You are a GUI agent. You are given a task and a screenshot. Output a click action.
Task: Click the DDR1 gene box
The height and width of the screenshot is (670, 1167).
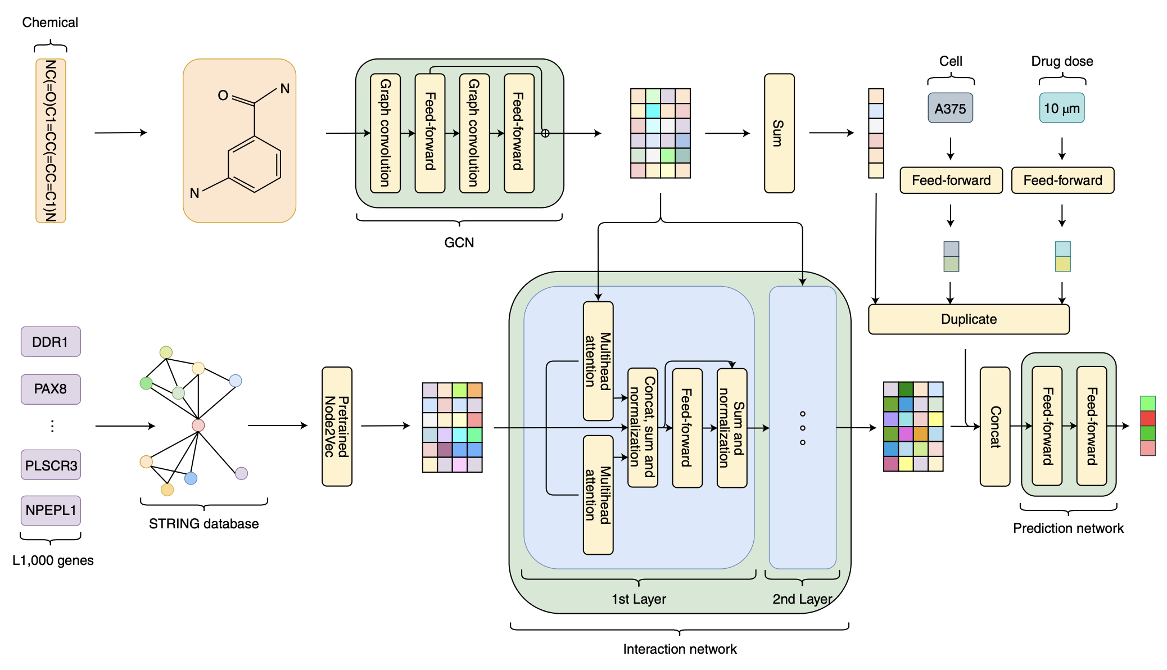coord(51,342)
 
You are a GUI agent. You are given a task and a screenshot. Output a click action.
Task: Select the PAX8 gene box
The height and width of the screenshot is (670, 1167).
coord(51,389)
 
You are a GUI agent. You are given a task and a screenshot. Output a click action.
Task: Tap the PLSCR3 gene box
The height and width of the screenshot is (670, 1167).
coord(51,465)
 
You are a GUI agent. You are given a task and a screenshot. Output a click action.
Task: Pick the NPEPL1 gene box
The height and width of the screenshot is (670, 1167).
coord(51,510)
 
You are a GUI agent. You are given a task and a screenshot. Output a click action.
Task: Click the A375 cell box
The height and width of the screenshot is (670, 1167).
coord(950,108)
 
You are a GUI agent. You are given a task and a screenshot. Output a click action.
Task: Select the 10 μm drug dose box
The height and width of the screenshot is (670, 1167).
coord(1062,108)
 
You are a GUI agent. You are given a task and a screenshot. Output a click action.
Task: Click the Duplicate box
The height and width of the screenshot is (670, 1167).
coord(969,319)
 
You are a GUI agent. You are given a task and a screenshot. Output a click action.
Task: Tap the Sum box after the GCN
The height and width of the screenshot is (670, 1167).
coord(779,133)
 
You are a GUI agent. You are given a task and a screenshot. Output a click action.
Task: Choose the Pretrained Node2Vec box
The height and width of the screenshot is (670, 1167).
coord(337,427)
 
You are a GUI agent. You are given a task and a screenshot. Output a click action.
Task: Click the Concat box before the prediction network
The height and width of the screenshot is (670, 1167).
coord(995,427)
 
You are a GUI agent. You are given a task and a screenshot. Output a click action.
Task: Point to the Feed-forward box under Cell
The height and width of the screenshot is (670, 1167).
coord(951,180)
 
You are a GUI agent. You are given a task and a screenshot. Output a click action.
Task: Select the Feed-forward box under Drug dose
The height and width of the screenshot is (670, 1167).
coord(1062,180)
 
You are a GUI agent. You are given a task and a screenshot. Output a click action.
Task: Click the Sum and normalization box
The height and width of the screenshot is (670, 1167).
coord(732,428)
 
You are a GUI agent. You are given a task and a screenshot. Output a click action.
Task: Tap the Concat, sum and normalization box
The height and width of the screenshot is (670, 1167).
coord(643,428)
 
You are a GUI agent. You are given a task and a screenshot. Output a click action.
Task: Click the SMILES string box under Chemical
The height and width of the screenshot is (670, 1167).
coord(51,141)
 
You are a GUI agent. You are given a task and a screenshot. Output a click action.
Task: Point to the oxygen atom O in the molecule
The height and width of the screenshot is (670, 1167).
coord(223,96)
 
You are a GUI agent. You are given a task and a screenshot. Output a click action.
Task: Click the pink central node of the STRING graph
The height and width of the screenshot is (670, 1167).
coord(198,425)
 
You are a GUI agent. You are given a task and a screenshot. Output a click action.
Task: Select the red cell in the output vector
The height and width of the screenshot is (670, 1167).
coord(1148,418)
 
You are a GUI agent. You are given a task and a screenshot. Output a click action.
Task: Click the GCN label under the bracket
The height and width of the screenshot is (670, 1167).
coord(459,242)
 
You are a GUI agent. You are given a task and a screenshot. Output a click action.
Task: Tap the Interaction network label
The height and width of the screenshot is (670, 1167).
coord(680,649)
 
